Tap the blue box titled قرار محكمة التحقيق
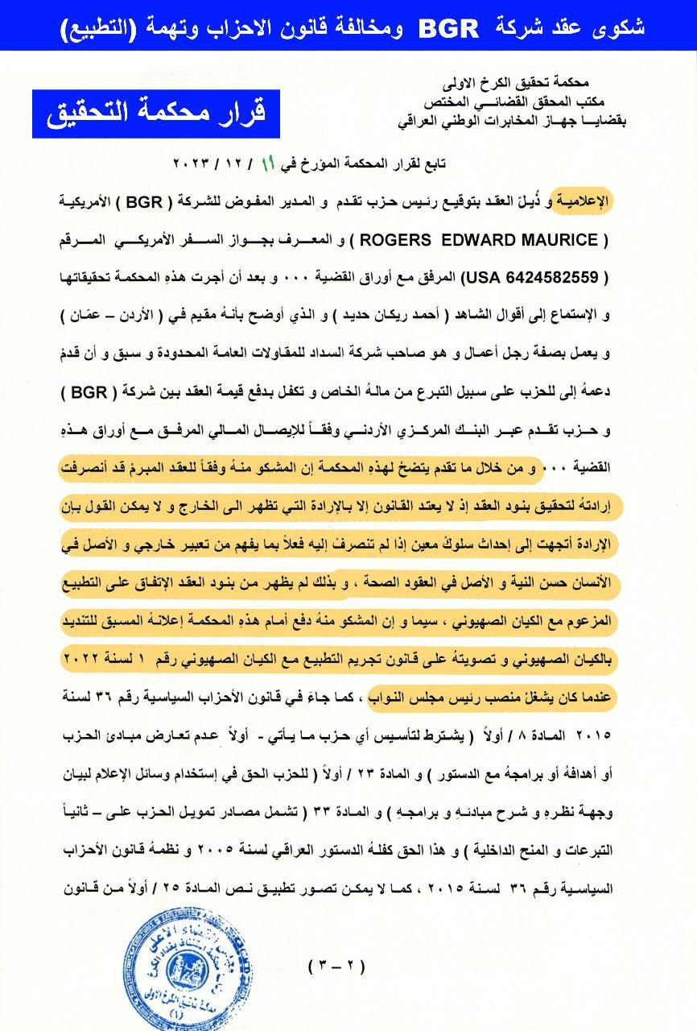tap(157, 114)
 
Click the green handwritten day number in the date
tap(270, 164)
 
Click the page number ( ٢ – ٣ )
tap(337, 966)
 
